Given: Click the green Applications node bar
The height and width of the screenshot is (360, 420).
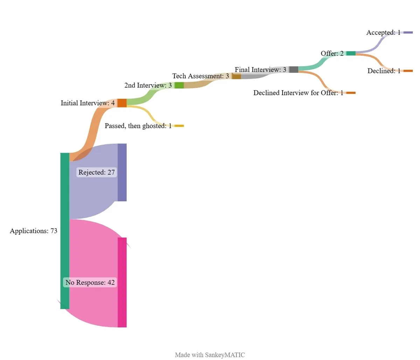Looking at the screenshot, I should [65, 231].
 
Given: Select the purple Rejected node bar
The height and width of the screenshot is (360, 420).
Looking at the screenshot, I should [122, 172].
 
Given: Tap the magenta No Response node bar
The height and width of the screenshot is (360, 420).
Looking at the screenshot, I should [122, 282].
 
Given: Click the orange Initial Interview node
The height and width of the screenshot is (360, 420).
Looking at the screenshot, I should [122, 103].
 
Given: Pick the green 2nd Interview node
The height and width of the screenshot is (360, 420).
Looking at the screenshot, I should [179, 85].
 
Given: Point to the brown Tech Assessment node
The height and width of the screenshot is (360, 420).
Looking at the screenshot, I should [237, 76].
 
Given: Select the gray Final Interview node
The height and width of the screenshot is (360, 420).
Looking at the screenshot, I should [294, 69].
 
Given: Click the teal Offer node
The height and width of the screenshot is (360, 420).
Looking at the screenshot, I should [351, 53].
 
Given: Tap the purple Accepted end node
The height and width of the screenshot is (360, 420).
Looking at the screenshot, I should [408, 33].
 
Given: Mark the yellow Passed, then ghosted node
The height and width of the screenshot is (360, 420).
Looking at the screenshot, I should [179, 126].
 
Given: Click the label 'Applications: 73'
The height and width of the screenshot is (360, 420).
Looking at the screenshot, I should [34, 231].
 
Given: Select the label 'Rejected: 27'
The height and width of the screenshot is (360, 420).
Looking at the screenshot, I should [97, 172].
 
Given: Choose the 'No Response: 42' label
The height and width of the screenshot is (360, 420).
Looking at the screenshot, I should [90, 283].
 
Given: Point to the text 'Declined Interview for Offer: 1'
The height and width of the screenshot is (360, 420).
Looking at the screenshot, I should [298, 93].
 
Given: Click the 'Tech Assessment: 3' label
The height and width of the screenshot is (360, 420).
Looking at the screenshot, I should [201, 76].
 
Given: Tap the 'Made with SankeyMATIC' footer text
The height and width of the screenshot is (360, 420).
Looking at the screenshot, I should [210, 355].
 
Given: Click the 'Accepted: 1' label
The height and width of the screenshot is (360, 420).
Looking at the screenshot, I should [383, 33].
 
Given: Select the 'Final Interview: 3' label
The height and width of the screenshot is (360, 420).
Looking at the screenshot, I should [260, 70].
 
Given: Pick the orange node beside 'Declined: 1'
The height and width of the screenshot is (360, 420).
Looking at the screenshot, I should [408, 71].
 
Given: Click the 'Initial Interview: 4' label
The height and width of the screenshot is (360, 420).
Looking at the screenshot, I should [87, 103].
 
